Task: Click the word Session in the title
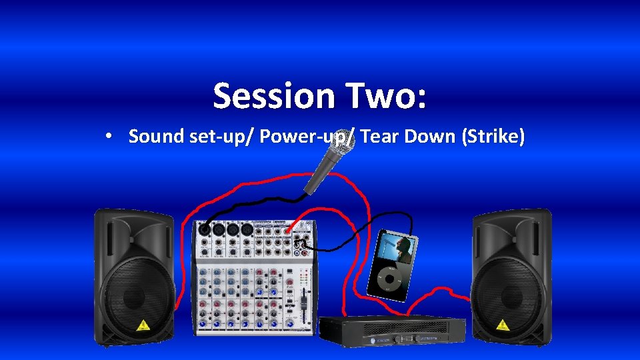pos(273,96)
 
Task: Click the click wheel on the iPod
pos(386,281)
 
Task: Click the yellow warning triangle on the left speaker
pos(142,325)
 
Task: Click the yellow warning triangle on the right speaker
pos(502,325)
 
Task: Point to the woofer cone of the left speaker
pos(134,293)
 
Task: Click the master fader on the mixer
pos(303,304)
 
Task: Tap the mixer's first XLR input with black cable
pos(205,230)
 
